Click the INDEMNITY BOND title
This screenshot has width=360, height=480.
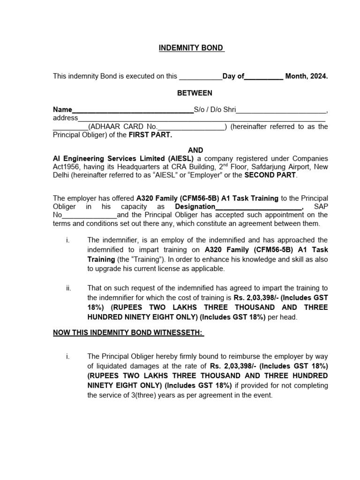tap(191, 48)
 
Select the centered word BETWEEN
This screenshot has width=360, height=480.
tap(195, 93)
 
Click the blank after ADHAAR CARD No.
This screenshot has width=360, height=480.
tap(191, 127)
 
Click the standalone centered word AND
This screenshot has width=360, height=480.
tap(195, 150)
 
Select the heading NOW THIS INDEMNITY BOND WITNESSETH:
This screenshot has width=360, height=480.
tap(128, 332)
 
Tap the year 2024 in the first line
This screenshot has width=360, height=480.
tap(318, 76)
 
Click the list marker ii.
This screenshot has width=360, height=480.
tap(68, 287)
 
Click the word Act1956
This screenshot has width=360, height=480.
tap(67, 167)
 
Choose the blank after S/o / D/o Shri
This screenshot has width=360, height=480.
tap(281, 110)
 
